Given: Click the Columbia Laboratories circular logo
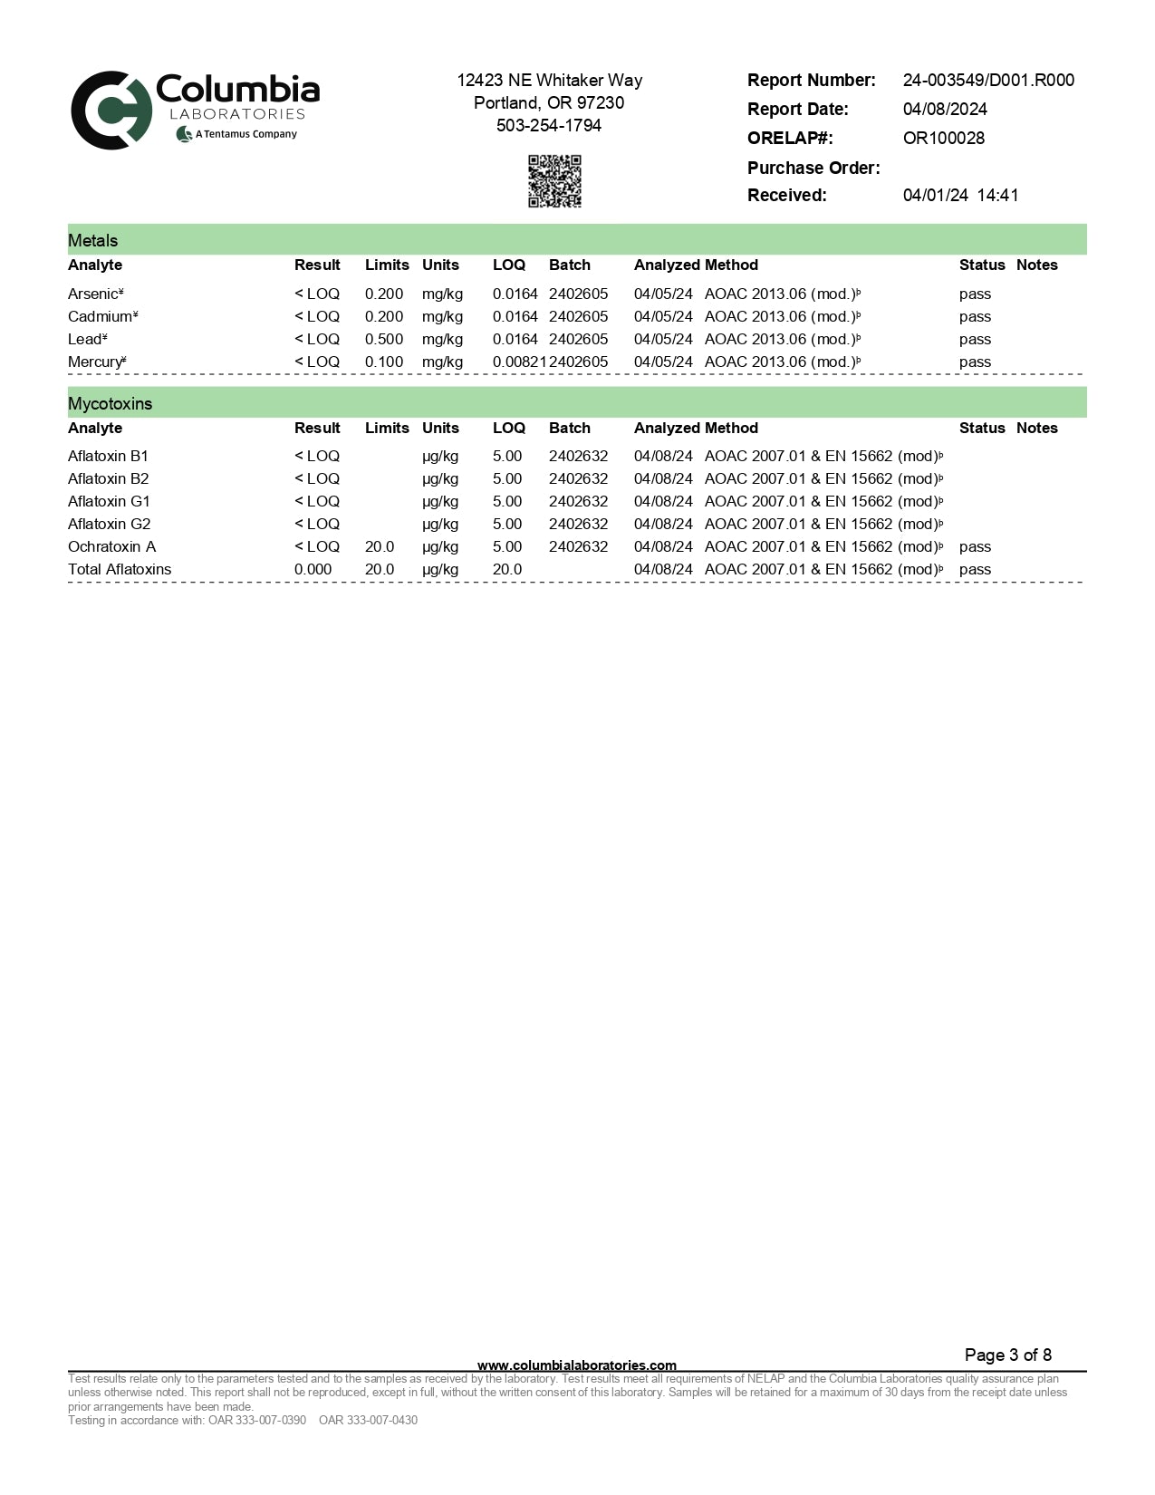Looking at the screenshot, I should (111, 110).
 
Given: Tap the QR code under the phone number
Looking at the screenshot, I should (554, 181).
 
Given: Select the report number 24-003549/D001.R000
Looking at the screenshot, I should (987, 81).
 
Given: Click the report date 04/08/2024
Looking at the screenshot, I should (944, 110).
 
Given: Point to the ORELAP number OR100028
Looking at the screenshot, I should (943, 139).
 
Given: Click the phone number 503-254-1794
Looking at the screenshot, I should (549, 126).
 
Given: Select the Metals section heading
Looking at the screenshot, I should (93, 241).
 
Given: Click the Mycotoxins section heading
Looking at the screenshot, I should (110, 404).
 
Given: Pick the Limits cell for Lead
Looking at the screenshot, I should (384, 340).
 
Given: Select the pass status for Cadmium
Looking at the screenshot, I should (975, 317).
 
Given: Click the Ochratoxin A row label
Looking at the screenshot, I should (111, 547).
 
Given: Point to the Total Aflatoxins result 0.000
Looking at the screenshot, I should (313, 570).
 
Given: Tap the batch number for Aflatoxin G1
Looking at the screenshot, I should (578, 502).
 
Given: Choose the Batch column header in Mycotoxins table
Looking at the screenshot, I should (569, 429).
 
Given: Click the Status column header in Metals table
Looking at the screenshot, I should (982, 265).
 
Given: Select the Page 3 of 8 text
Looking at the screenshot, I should (1007, 1355).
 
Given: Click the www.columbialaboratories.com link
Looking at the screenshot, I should (576, 1365).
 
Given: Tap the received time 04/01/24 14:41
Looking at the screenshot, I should (960, 196).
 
